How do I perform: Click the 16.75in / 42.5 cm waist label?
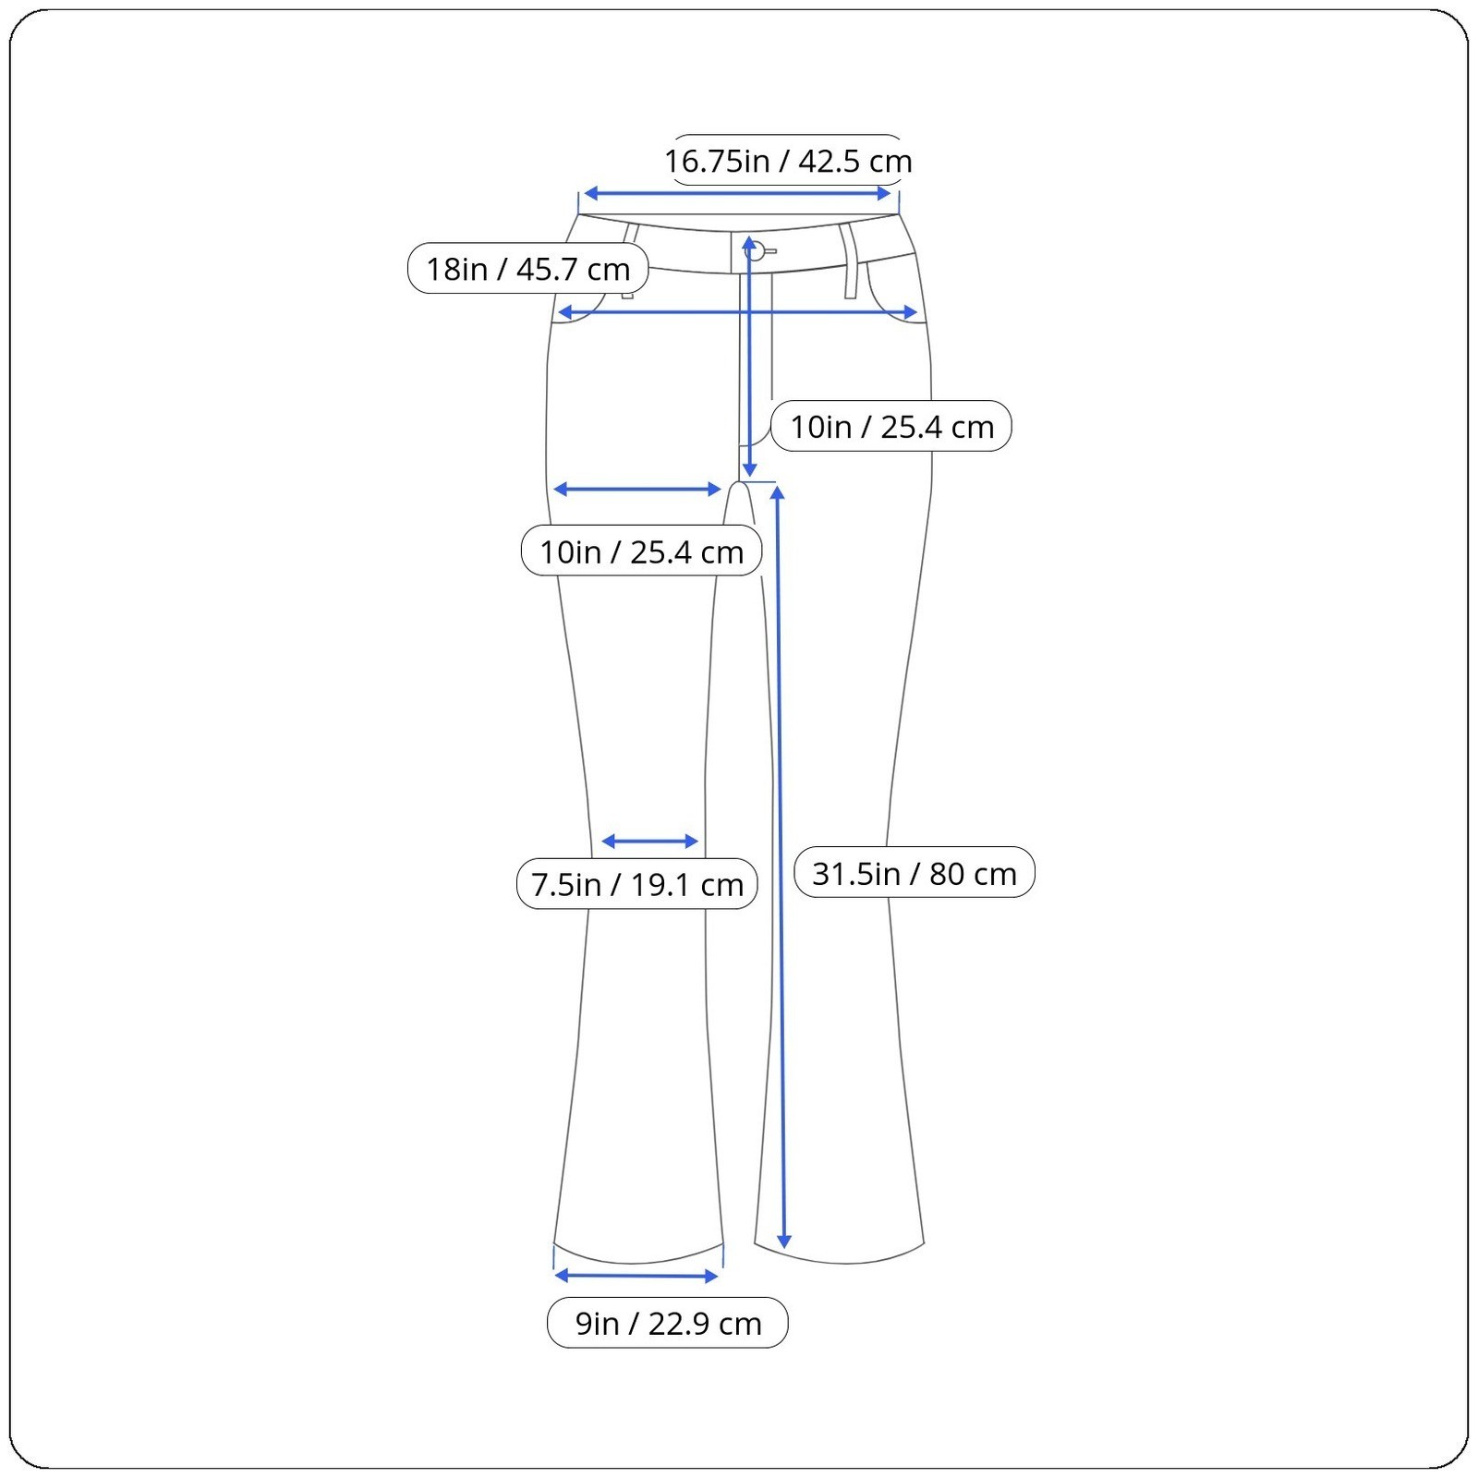pos(788,161)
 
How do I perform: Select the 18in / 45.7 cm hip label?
pos(527,269)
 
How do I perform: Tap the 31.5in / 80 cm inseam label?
pos(915,873)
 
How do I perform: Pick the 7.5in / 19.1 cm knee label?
pos(637,884)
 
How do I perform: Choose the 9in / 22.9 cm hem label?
pos(668,1323)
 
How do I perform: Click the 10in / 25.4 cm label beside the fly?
pos(891,427)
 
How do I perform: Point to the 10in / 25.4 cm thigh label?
pos(642,551)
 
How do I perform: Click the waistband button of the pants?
pos(757,250)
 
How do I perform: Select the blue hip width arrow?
pos(738,313)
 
